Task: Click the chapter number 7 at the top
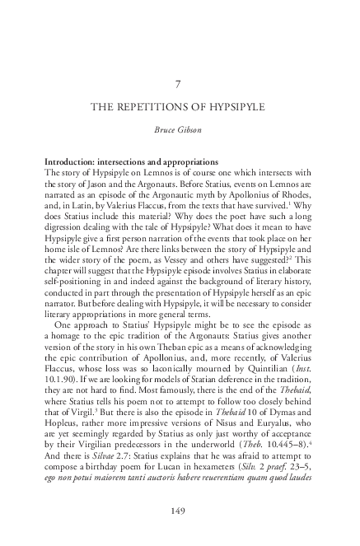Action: (180, 84)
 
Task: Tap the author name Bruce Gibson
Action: (180, 129)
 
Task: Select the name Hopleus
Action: (63, 417)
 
